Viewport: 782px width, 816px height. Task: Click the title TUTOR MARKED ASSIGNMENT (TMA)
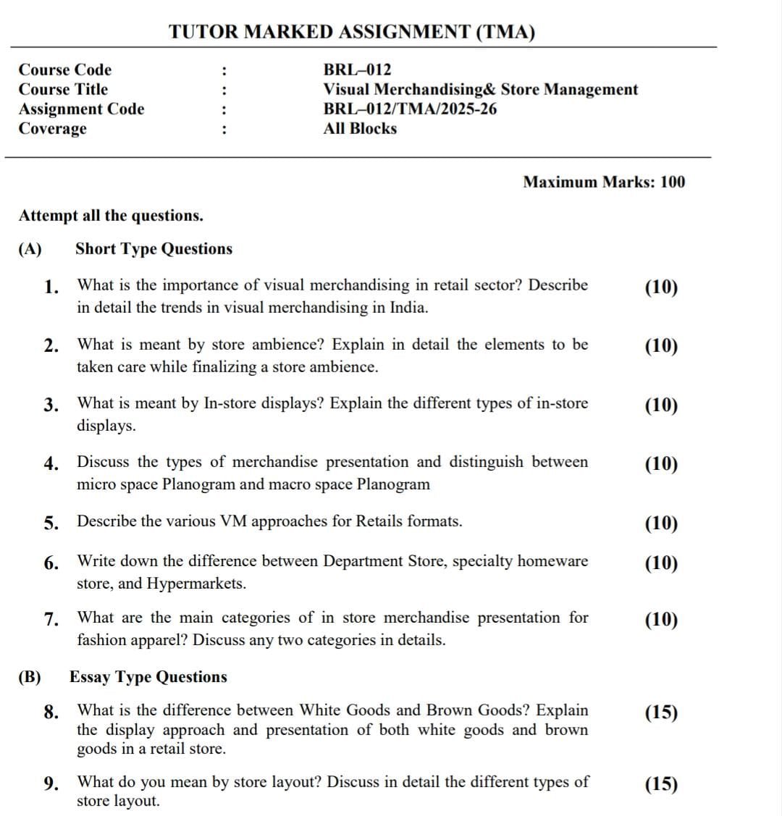(x=352, y=32)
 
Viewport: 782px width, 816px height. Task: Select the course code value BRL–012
(x=357, y=70)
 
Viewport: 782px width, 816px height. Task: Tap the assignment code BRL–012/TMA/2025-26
(x=410, y=109)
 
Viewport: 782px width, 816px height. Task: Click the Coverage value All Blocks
(x=360, y=129)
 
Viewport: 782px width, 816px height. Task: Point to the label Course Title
(x=63, y=90)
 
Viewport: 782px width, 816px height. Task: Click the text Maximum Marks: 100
(x=603, y=182)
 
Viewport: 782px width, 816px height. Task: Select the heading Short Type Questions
(x=154, y=249)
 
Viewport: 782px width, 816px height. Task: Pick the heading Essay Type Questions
(x=148, y=677)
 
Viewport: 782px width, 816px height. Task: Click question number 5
(x=51, y=523)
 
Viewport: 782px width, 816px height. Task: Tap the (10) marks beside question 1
(x=660, y=287)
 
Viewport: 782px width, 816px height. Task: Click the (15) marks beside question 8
(x=660, y=712)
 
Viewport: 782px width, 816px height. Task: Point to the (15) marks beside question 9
(x=660, y=784)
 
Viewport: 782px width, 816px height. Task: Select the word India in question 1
(x=408, y=308)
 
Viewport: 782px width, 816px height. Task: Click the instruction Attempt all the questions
(x=111, y=216)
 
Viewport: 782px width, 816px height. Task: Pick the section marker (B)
(x=30, y=677)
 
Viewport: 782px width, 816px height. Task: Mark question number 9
(x=51, y=783)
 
